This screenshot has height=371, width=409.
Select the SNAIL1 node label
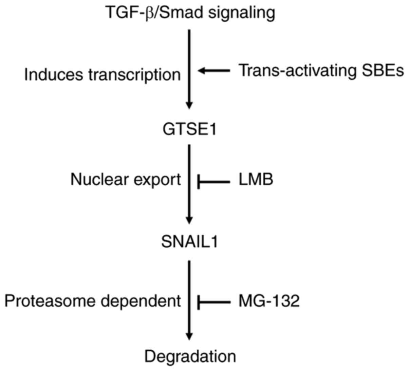[x=189, y=242]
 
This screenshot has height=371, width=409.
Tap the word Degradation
[x=190, y=356]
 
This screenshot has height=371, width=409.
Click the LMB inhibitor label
[x=256, y=180]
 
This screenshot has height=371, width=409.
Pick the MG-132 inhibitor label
[x=269, y=301]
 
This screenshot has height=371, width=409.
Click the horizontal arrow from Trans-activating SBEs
[x=214, y=71]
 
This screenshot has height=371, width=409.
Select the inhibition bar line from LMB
[x=214, y=182]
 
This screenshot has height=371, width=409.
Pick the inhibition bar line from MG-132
[x=214, y=301]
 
